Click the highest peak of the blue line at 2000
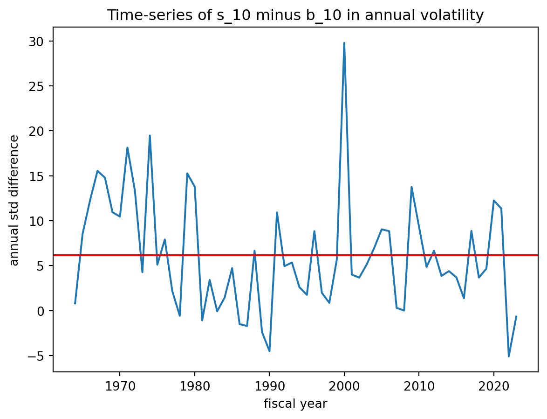coord(344,43)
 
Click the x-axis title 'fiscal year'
coord(295,404)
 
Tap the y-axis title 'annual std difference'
coord(14,200)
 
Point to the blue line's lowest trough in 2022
coord(509,356)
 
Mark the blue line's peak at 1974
coord(150,135)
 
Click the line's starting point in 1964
coord(75,304)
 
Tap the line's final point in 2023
coord(516,316)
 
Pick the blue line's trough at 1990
coord(269,351)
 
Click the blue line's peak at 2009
coord(411,187)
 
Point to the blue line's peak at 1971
coord(127,147)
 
